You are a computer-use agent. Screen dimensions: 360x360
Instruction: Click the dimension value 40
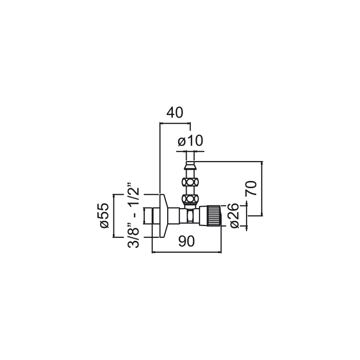(175, 112)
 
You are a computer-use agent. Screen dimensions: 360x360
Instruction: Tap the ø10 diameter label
(190, 141)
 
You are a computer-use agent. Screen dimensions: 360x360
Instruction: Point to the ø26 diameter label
(234, 216)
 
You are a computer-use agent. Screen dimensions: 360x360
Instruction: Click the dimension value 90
(187, 241)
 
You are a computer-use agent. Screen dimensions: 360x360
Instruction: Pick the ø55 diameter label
(104, 216)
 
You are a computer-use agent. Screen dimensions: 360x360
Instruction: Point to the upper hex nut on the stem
(190, 183)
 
